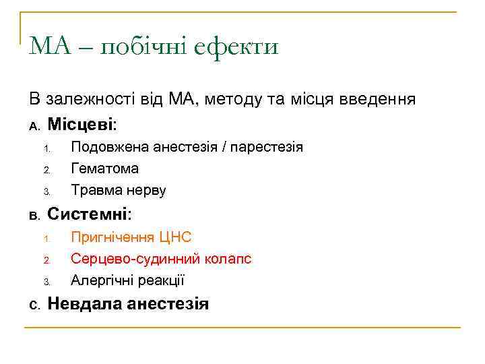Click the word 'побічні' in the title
point(141,47)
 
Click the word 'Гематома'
point(104,169)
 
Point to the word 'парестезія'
point(267,147)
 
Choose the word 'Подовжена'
point(110,146)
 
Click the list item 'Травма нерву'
point(119,190)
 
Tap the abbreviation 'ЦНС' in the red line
point(176,237)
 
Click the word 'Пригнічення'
point(113,237)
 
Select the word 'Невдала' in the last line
point(84,303)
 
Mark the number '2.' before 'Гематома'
point(47,170)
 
